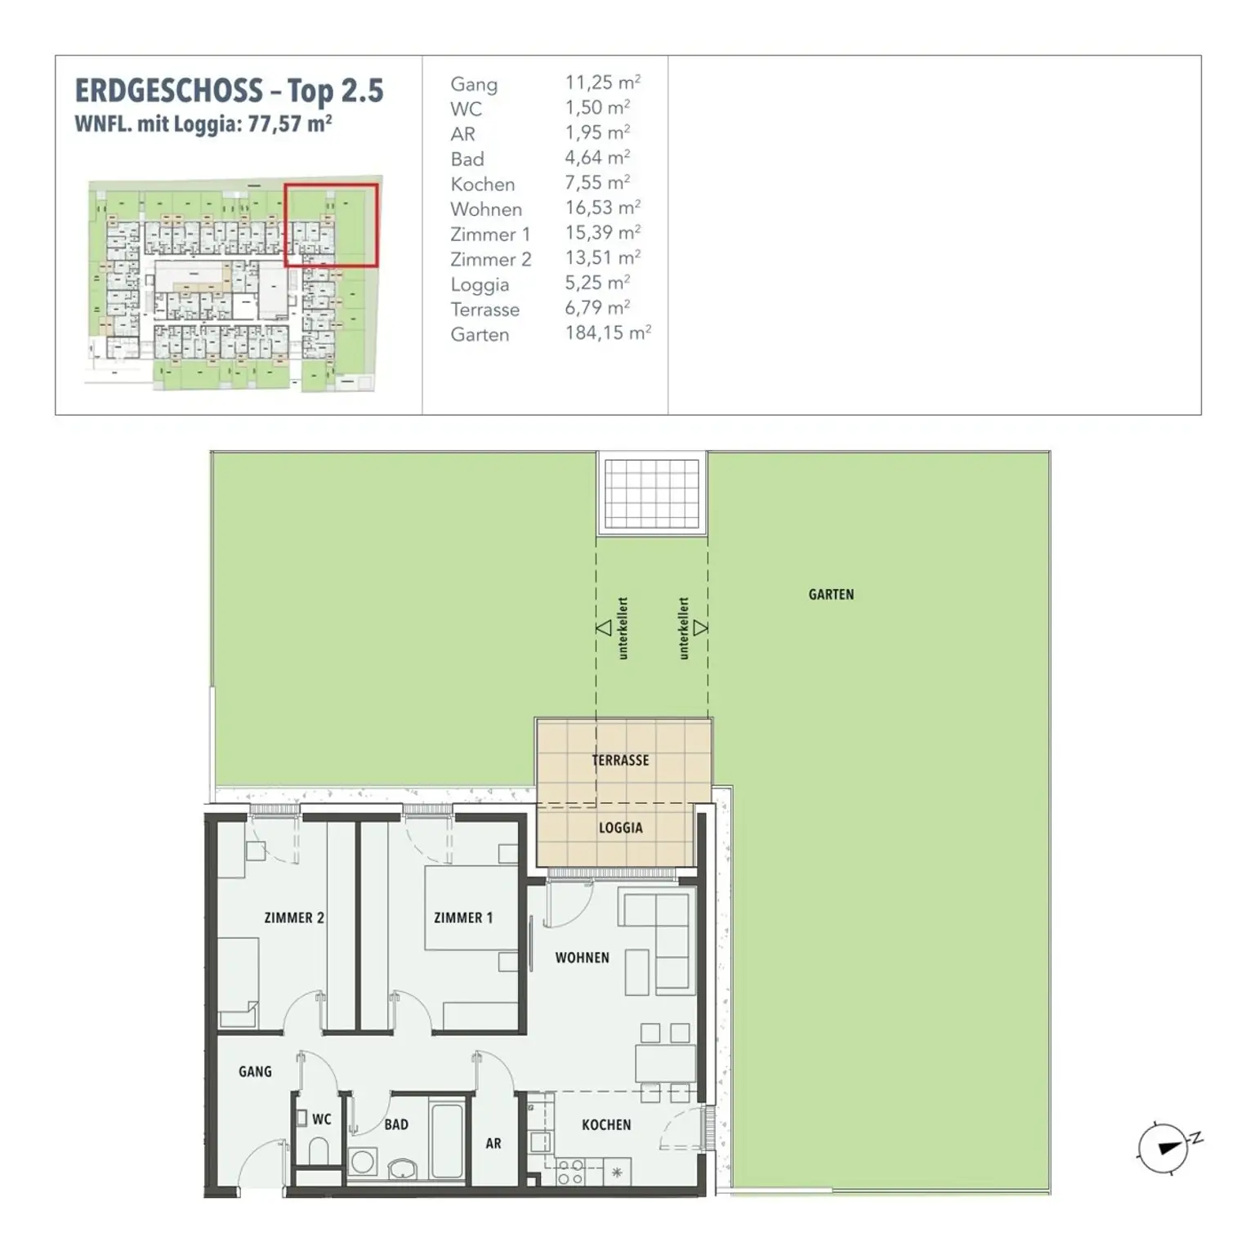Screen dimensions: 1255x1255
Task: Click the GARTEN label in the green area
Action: click(831, 595)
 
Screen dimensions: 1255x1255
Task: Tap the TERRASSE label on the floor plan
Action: click(620, 761)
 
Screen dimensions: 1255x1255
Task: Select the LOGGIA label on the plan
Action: click(620, 828)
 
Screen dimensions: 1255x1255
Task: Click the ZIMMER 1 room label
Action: click(463, 918)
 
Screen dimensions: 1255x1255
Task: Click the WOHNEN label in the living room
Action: click(582, 958)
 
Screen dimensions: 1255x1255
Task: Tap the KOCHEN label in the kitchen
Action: click(606, 1125)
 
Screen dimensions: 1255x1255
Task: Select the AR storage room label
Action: click(494, 1144)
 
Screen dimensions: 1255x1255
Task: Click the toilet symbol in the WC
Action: click(319, 1153)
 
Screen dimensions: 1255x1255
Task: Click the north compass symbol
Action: click(1164, 1147)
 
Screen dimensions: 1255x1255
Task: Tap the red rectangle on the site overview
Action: click(331, 226)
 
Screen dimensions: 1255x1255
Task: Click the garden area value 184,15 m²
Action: click(608, 333)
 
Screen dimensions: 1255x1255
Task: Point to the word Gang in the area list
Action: click(474, 84)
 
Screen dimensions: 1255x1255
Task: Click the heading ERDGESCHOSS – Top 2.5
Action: click(229, 91)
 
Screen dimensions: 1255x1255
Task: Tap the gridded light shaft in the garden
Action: click(651, 494)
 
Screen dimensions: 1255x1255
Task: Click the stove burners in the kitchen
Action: click(569, 1172)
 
